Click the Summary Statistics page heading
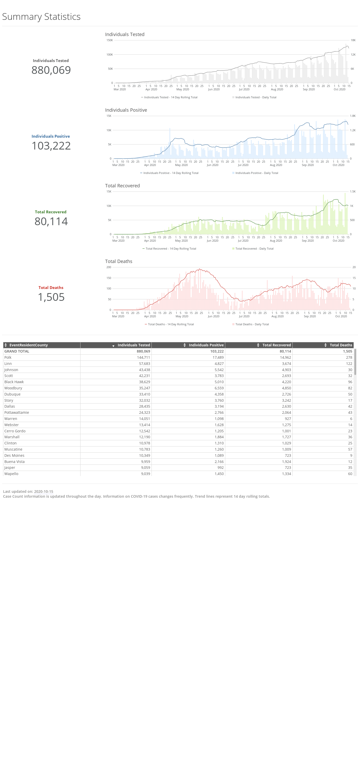coord(41,17)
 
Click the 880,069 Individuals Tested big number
coord(51,70)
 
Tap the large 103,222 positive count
coord(51,146)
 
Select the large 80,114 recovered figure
coord(51,222)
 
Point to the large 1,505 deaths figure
coord(51,297)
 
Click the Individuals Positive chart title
coord(126,110)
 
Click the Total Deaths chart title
coord(119,261)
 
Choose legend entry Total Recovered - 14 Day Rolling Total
coord(169,249)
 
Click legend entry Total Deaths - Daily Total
coord(251,324)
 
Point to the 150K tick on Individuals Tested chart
coord(110,40)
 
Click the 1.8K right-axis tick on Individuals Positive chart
coord(353,116)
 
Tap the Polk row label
coord(8,357)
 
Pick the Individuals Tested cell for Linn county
coord(144,364)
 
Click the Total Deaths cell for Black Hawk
coord(350,382)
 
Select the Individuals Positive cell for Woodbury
coord(219,388)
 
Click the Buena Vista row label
coord(14,461)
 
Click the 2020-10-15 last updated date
coord(43,492)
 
